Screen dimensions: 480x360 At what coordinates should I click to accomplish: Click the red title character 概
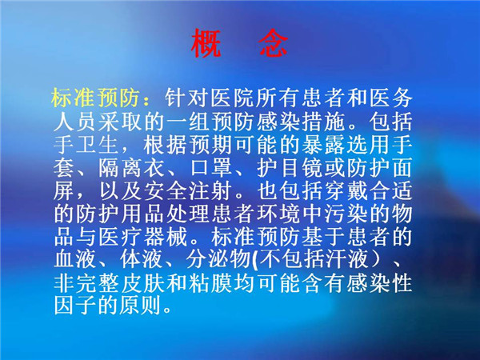tap(206, 43)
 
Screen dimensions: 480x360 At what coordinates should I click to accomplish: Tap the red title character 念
tap(273, 43)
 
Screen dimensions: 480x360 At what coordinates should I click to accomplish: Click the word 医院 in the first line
tap(231, 98)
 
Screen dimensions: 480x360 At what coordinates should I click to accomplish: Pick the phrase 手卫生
tap(86, 145)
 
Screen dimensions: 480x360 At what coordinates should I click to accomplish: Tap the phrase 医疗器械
tap(142, 236)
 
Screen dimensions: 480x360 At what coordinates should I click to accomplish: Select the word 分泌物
tap(218, 259)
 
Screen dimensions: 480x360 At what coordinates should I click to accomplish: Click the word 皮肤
tap(142, 282)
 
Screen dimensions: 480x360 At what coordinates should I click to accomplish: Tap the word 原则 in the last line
tap(141, 306)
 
